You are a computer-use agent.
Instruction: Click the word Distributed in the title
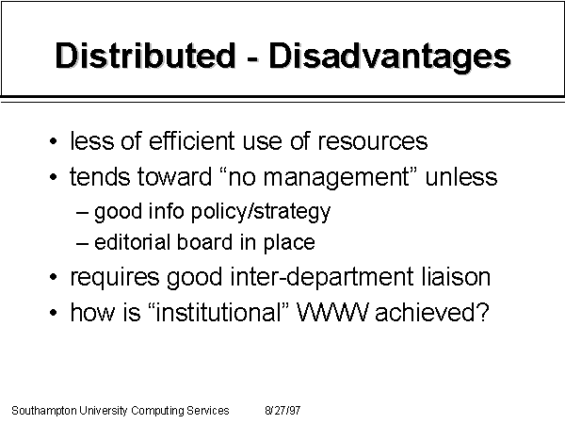(145, 56)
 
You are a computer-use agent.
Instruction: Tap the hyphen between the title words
(252, 58)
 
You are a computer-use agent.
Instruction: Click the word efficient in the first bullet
(192, 140)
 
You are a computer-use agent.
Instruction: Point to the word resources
(373, 142)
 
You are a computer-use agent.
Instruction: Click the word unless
(461, 176)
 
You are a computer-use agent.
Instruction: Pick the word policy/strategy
(261, 212)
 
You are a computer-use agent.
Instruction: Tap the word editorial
(132, 242)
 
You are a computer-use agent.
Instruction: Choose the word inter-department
(322, 278)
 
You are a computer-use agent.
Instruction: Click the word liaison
(456, 276)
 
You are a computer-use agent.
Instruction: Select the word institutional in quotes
(218, 312)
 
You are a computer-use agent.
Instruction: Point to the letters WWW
(332, 312)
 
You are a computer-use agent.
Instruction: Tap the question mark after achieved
(484, 312)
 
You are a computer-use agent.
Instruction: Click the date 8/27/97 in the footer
(282, 410)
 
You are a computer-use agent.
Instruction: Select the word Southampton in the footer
(44, 411)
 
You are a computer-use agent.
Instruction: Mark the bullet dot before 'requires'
(54, 277)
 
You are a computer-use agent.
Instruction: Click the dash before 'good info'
(82, 212)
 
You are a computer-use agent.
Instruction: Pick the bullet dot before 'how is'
(54, 312)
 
